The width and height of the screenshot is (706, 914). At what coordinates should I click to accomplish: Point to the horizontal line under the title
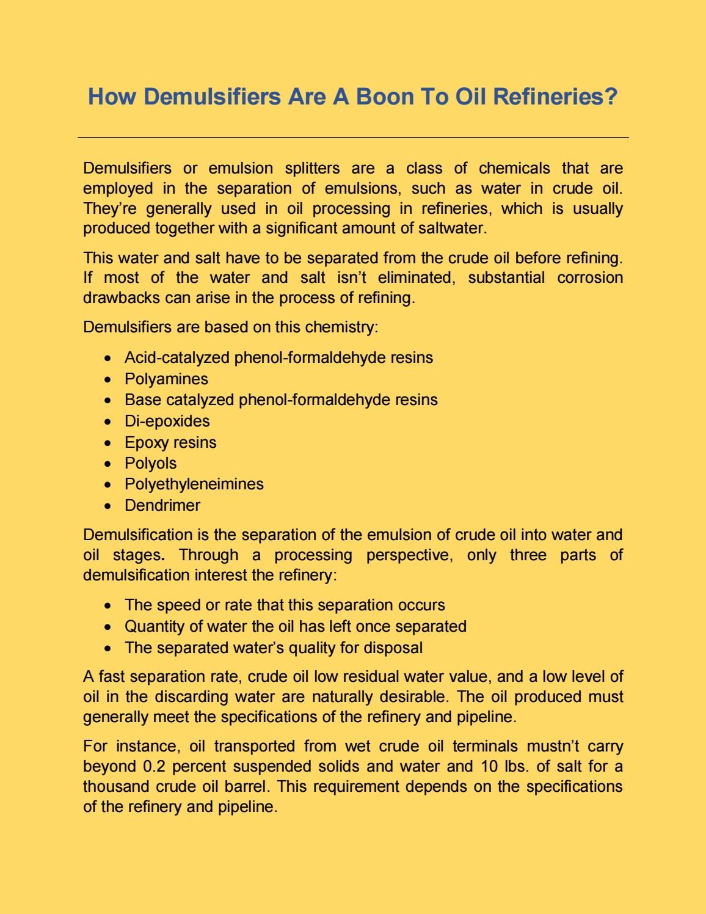coord(353,138)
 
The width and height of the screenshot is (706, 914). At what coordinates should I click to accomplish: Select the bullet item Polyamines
coord(166,379)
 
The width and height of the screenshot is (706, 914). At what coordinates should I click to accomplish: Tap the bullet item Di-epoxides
coord(167,421)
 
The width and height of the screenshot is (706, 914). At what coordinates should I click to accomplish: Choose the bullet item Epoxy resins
coord(170,442)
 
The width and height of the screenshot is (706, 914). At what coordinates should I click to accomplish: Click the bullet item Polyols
coord(150,463)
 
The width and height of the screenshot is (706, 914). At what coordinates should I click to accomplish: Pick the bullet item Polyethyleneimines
coord(194,484)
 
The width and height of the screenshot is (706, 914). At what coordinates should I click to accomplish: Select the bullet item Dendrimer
coord(162,505)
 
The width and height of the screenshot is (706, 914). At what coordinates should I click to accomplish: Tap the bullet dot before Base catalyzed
coord(109,401)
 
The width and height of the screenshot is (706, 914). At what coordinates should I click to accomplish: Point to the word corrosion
coord(590,278)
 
